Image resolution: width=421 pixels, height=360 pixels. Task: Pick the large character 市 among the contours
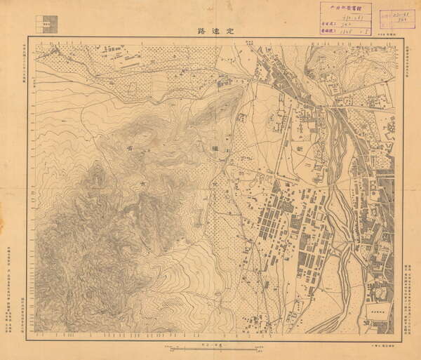click(145, 182)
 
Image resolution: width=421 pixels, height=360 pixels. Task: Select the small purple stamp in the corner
click(398, 18)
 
